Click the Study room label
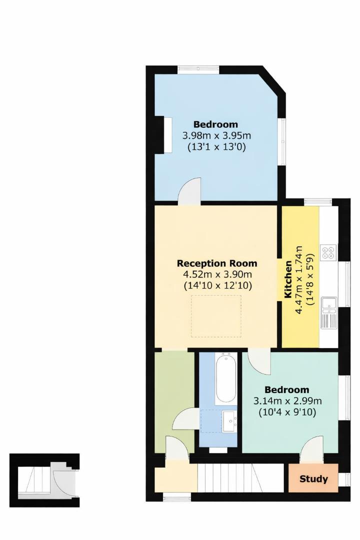313,479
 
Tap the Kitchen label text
288,279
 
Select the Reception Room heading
217,263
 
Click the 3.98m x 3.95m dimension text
216,135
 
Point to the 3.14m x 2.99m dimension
287,401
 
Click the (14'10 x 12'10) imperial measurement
217,285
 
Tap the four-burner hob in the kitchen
328,252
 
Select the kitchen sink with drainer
328,312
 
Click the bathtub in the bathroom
225,378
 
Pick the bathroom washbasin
230,421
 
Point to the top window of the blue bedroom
196,70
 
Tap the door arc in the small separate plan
63,479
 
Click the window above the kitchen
318,202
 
